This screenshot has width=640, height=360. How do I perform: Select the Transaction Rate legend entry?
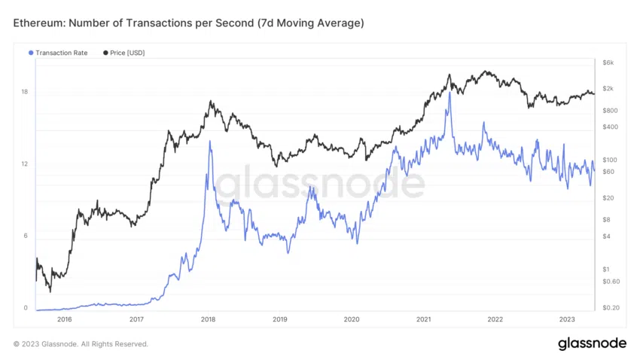point(61,53)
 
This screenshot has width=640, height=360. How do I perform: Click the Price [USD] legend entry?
point(126,53)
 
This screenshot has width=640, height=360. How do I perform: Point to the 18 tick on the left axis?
point(25,92)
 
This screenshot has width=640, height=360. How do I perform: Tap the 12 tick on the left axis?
point(25,163)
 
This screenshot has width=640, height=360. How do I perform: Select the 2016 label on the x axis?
point(64,319)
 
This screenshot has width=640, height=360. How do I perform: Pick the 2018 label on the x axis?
point(209,319)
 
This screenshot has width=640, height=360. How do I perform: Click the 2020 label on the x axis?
point(352,319)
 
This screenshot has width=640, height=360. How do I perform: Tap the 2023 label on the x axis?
point(567,319)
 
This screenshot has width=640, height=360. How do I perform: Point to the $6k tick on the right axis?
point(608,62)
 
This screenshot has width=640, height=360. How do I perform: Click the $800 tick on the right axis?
point(611,111)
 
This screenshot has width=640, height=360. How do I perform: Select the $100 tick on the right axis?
point(611,160)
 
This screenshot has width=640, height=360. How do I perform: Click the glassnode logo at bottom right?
point(592,343)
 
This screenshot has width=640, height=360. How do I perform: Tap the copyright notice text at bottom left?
point(81,344)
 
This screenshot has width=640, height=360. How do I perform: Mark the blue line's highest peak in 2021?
point(450,93)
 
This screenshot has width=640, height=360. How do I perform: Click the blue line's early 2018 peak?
point(209,141)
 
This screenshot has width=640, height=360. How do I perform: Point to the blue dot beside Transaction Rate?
point(31,53)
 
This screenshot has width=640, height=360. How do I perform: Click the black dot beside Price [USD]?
point(105,53)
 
